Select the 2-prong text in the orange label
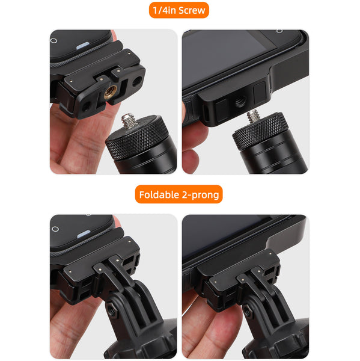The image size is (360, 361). tap(201, 194)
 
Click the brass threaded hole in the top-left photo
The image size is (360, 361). tap(111, 92)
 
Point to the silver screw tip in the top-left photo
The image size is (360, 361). tap(129, 121)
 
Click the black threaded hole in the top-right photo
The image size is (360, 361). tap(240, 103)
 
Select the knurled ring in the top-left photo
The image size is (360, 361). tap(133, 142)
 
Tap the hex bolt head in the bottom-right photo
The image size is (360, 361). tap(247, 312)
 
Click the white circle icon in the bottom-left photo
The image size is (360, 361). tap(55, 229)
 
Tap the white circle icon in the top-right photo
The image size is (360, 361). tap(279, 31)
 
